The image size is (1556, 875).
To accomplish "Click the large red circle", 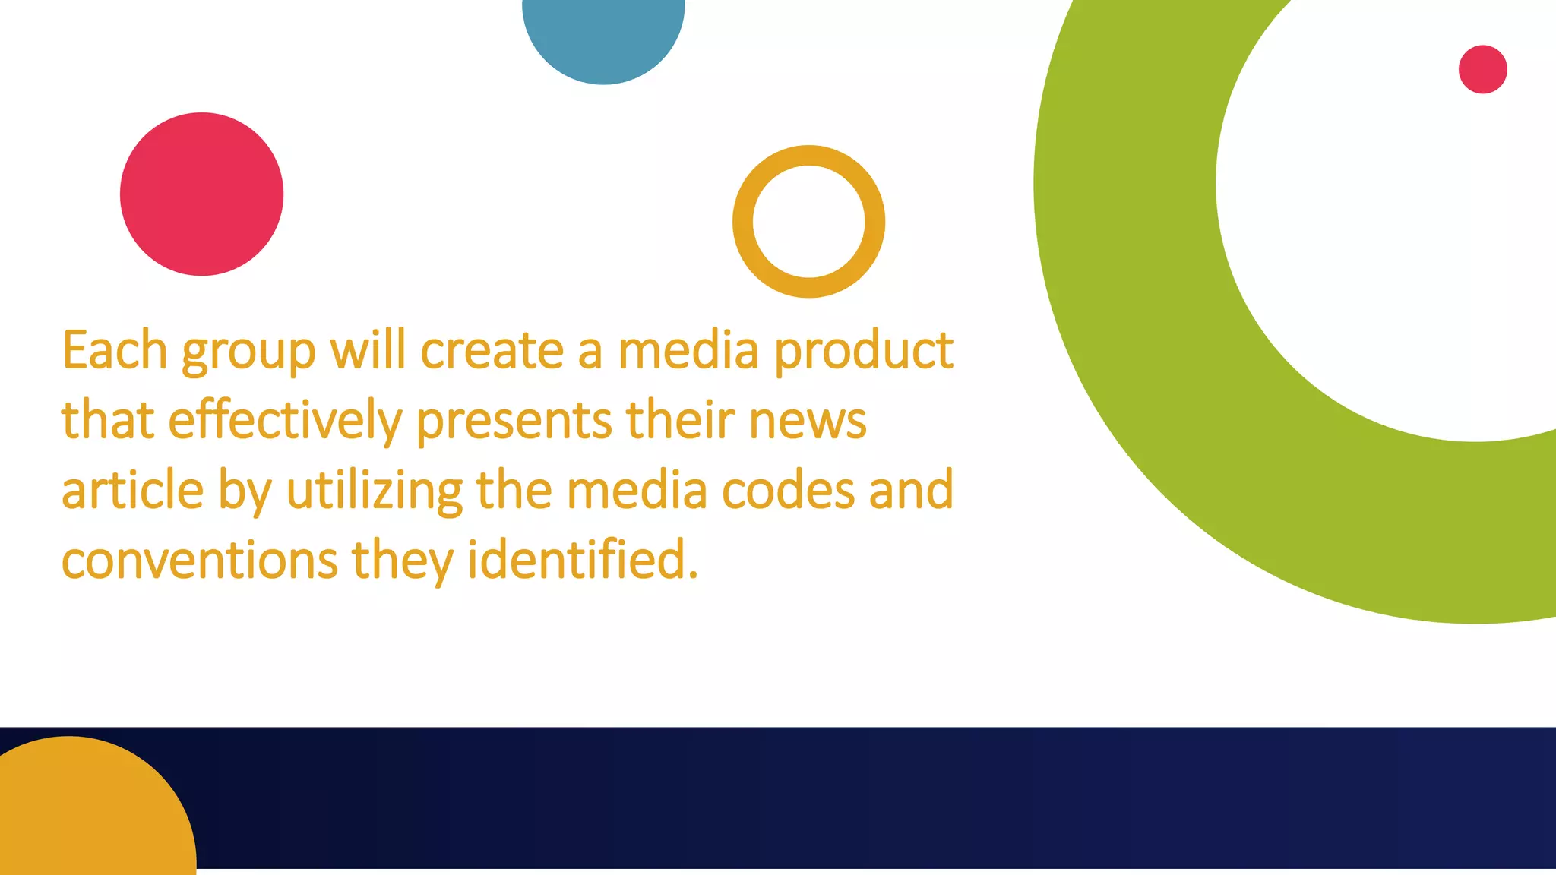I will (x=201, y=194).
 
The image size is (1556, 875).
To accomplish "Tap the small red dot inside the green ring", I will (x=1482, y=70).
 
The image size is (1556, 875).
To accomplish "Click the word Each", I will (x=114, y=351).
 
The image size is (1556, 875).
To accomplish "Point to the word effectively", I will (x=284, y=422).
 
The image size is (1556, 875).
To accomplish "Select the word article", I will (x=132, y=491).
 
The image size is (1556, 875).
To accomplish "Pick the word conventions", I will (x=199, y=561).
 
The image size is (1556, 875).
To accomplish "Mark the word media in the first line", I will (x=688, y=351).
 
